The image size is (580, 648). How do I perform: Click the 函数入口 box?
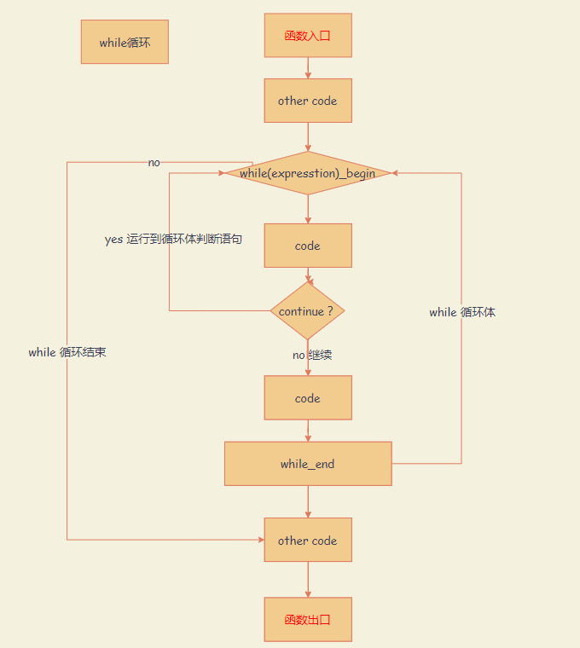point(308,36)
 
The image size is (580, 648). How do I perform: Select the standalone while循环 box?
point(125,42)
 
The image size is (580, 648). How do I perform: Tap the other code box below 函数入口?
point(308,101)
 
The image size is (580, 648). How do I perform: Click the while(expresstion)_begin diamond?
point(308,173)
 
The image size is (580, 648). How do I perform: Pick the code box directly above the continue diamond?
point(308,246)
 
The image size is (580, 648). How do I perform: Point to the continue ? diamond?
point(307,311)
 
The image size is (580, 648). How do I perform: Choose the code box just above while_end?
point(308,398)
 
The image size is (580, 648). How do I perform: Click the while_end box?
point(308,464)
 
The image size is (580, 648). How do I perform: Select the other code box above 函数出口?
point(308,541)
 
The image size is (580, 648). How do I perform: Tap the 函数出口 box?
point(308,620)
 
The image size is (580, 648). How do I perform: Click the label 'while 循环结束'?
point(67,352)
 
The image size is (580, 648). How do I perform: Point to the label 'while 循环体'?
point(462,312)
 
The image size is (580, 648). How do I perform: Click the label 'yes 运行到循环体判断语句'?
point(173,240)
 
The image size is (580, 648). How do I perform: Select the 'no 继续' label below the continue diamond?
point(312,355)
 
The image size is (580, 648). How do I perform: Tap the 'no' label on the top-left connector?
point(154,162)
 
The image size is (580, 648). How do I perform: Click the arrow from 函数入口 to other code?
point(308,68)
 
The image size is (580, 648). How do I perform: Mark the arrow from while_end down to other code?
point(308,501)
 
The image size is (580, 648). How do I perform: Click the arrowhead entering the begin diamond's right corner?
point(396,173)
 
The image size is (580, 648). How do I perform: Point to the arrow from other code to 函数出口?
point(308,580)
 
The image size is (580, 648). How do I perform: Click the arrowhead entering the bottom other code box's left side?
point(259,540)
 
